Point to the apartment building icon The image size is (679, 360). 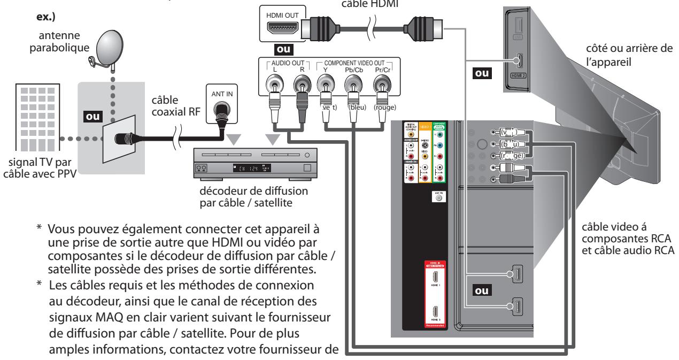pos(33,121)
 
